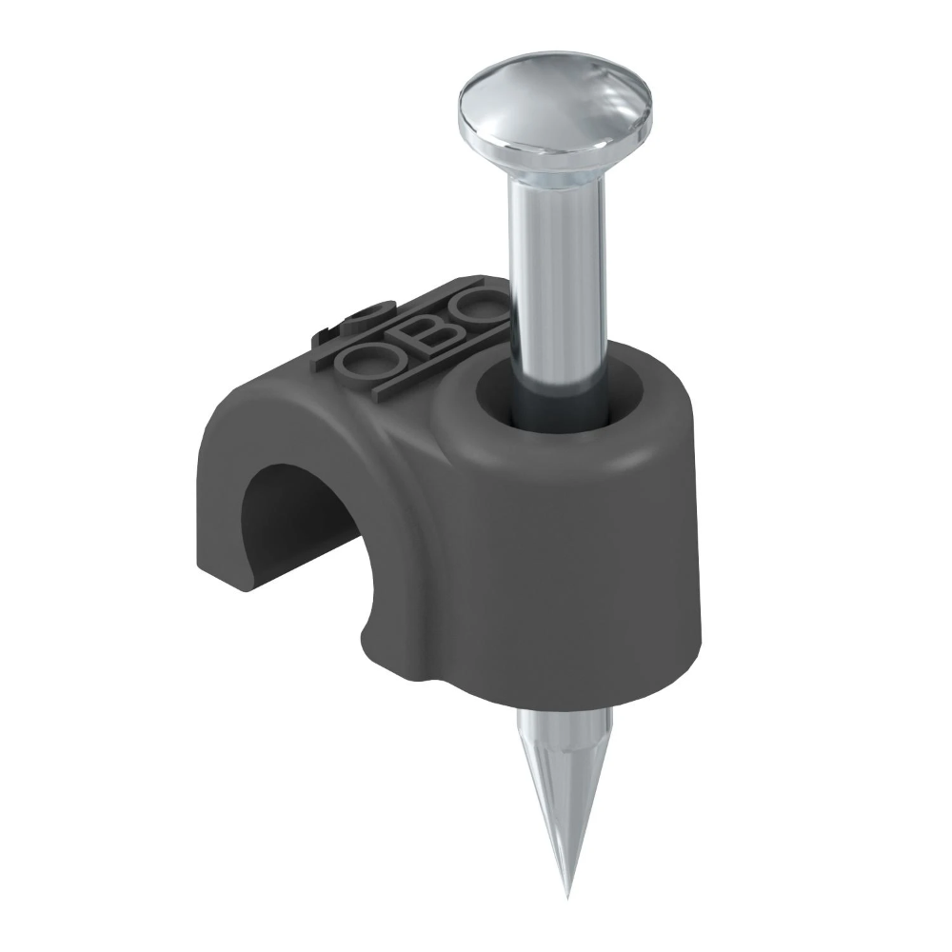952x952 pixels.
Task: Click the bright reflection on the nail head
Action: tap(495, 95)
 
